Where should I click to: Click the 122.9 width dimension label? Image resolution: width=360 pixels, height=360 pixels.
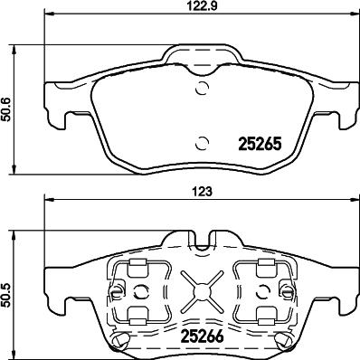coord(201,5)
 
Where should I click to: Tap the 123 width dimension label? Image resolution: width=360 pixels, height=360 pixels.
coord(202,192)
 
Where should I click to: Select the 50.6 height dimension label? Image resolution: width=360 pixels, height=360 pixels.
coord(5,109)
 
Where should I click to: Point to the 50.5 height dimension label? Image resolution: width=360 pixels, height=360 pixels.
coord(5,295)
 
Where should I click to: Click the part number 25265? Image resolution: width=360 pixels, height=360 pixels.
coord(260,144)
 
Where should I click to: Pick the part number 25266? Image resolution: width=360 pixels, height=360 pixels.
coord(202,336)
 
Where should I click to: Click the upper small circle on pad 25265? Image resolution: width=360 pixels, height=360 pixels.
coord(202,88)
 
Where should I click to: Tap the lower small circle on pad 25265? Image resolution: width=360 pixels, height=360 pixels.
coord(202,143)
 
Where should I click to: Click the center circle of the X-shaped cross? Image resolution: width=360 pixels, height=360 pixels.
coord(202,291)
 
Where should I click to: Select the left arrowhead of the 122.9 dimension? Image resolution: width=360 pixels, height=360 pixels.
coord(49,14)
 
